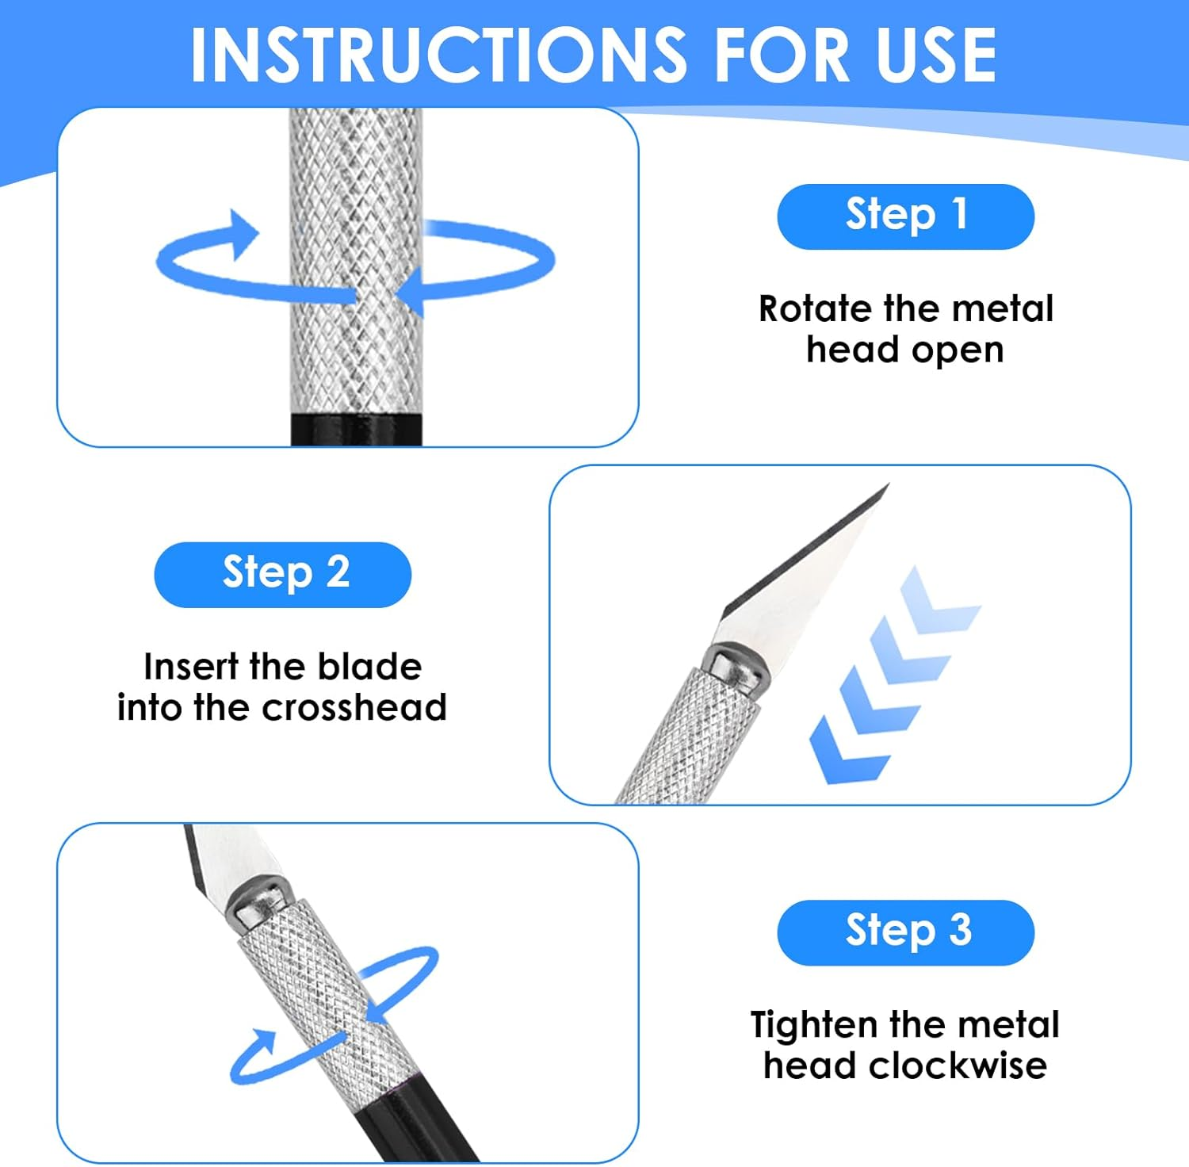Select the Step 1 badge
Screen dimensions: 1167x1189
click(x=905, y=216)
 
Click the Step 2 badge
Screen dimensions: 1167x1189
click(x=283, y=575)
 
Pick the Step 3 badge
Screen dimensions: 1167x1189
click(x=905, y=932)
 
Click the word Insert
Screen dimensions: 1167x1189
click(x=190, y=667)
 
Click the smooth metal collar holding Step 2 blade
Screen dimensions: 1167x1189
click(x=735, y=666)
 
